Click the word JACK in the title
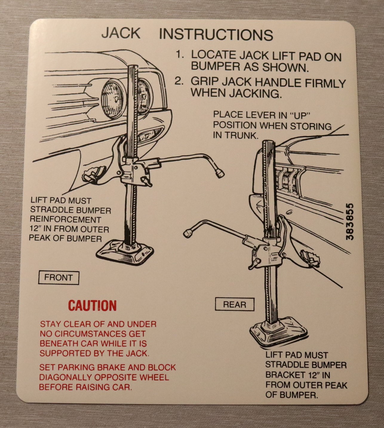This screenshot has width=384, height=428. pos(121,33)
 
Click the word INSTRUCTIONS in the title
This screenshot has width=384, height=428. pos(216,34)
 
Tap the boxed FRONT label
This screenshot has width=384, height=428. pos(59,278)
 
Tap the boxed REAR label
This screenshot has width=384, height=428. pos(235,304)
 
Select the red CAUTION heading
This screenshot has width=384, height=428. pos(92,305)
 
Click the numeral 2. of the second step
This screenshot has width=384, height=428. pos(179,81)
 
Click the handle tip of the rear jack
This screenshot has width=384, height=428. pos(188,233)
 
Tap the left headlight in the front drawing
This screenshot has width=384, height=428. pos(114,99)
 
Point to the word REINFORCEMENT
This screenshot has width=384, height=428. pos(65,219)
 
